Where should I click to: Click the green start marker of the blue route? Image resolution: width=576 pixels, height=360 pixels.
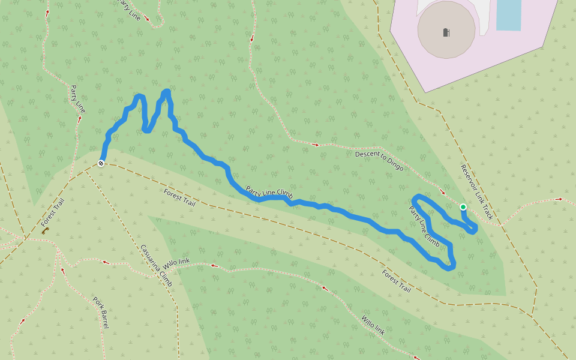click(463, 207)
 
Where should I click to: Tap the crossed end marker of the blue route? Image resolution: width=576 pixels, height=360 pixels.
click(101, 163)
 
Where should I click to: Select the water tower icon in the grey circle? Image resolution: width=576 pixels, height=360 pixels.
click(446, 32)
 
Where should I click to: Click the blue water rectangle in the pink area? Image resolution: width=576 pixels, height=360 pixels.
click(508, 14)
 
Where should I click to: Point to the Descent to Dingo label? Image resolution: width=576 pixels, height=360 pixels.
click(379, 160)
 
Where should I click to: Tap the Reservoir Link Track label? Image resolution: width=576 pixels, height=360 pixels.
click(476, 191)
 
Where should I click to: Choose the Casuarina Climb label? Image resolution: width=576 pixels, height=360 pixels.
click(156, 265)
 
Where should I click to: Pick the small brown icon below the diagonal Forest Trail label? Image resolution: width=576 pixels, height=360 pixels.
click(46, 230)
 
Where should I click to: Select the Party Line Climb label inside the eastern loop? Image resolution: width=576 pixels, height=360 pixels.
click(424, 227)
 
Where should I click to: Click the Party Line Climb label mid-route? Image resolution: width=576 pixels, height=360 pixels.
click(269, 192)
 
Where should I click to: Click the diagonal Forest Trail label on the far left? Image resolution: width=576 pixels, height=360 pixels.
click(53, 211)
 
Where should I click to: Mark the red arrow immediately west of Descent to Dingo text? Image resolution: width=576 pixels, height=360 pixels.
click(316, 145)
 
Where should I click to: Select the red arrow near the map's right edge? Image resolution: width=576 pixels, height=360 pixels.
click(560, 199)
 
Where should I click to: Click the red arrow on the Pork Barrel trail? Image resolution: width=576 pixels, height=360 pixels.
click(62, 271)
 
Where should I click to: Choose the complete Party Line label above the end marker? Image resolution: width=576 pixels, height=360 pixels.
click(78, 99)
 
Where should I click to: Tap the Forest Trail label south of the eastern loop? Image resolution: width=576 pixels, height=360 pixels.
click(397, 280)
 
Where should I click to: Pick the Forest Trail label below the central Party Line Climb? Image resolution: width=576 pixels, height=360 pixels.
click(179, 197)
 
